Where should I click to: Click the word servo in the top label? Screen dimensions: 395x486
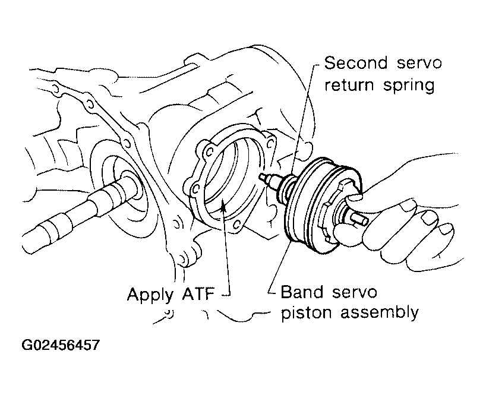tap(418, 63)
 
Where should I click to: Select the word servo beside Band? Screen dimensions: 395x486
tap(351, 292)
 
